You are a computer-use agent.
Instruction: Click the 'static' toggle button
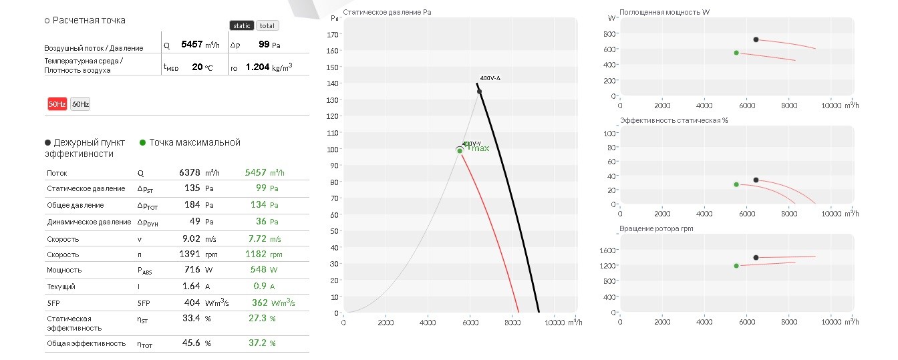[242, 25]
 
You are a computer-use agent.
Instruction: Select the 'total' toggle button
[267, 25]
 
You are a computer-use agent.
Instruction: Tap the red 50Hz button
[57, 104]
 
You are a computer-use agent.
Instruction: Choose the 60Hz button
[80, 104]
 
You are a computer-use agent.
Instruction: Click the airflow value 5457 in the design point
[192, 44]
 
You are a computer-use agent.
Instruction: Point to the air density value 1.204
[257, 67]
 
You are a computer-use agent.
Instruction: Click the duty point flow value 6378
[189, 172]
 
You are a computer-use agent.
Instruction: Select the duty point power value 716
[192, 269]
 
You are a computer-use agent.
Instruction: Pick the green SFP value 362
[259, 303]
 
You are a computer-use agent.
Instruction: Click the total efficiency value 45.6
[191, 343]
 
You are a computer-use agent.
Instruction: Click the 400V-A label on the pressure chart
[490, 78]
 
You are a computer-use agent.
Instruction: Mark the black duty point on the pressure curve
[479, 92]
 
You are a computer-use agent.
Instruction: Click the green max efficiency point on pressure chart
[460, 151]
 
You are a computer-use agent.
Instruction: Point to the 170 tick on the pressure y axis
[332, 35]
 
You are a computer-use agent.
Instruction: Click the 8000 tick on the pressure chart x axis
[512, 323]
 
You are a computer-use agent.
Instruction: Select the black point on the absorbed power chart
[756, 39]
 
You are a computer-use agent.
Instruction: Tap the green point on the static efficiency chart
[736, 184]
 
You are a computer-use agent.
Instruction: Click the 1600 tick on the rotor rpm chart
[607, 250]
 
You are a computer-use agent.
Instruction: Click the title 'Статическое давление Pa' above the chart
[387, 13]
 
